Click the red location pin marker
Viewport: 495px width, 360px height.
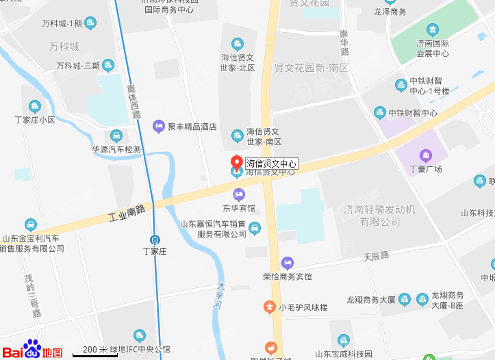237,163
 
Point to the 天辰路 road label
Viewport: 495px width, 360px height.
376,257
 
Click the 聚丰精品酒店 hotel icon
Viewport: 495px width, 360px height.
159,126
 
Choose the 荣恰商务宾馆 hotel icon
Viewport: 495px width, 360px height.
288,263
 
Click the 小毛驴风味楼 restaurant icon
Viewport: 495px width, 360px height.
270,307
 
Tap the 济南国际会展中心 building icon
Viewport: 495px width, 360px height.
433,29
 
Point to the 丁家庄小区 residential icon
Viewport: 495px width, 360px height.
35,106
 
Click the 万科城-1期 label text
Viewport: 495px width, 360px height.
62,24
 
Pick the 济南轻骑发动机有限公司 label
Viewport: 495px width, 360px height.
380,215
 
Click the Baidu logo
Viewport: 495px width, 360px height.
33,349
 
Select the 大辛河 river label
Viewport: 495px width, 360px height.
220,298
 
